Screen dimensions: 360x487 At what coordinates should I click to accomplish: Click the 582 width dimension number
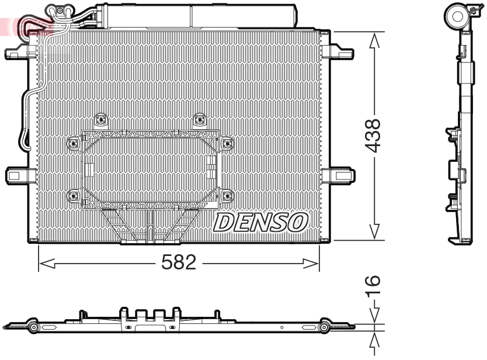tap(178, 264)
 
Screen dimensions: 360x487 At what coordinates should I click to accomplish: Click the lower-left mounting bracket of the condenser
tap(18, 175)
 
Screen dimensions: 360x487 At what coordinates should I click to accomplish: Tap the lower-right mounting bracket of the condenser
tap(341, 175)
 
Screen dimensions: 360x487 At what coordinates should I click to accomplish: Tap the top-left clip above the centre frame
tap(102, 120)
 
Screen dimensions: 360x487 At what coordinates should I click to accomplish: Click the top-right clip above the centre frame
tap(199, 120)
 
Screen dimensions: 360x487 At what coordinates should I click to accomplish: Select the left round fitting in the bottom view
tap(33, 329)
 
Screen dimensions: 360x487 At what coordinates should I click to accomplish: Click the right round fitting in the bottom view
tap(325, 329)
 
